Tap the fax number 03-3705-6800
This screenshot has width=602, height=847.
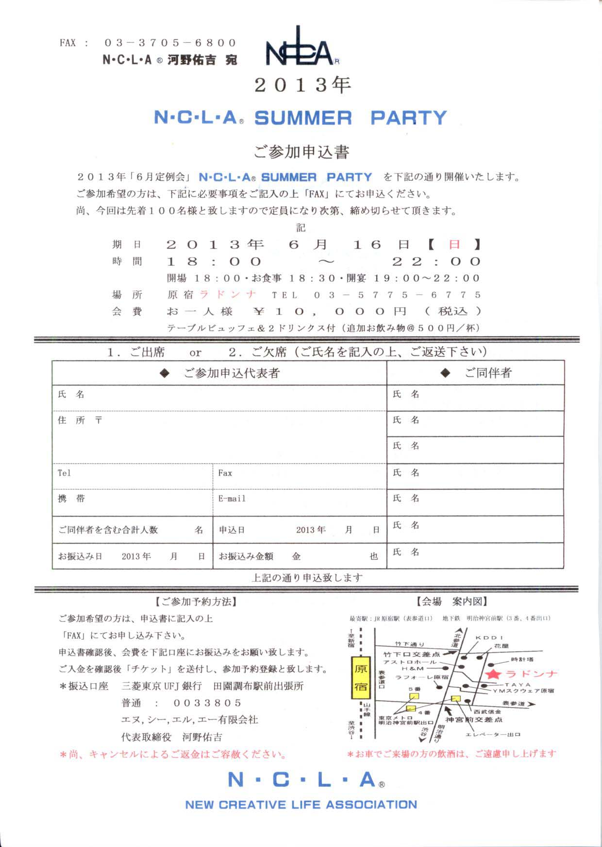pyautogui.click(x=170, y=43)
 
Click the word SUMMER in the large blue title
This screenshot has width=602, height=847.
pyautogui.click(x=303, y=118)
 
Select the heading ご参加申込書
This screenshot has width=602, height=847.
pyautogui.click(x=301, y=152)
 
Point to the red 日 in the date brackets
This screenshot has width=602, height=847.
pyautogui.click(x=454, y=244)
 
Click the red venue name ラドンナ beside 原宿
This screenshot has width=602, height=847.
pyautogui.click(x=228, y=294)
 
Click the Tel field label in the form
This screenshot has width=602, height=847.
pyautogui.click(x=64, y=473)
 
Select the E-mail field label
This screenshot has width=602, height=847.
pyautogui.click(x=232, y=499)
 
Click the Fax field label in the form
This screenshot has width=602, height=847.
pyautogui.click(x=225, y=473)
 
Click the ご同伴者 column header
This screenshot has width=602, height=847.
pyautogui.click(x=487, y=373)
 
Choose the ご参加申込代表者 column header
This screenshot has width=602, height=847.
pyautogui.click(x=231, y=373)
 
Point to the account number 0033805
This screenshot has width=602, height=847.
pyautogui.click(x=207, y=703)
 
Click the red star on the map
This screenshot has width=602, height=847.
pyautogui.click(x=493, y=674)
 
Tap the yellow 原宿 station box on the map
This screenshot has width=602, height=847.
pyautogui.click(x=361, y=678)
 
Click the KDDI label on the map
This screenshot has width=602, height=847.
pyautogui.click(x=489, y=638)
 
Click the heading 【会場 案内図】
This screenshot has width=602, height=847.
pyautogui.click(x=451, y=602)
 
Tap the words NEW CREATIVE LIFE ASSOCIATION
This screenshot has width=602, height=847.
pyautogui.click(x=301, y=805)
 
